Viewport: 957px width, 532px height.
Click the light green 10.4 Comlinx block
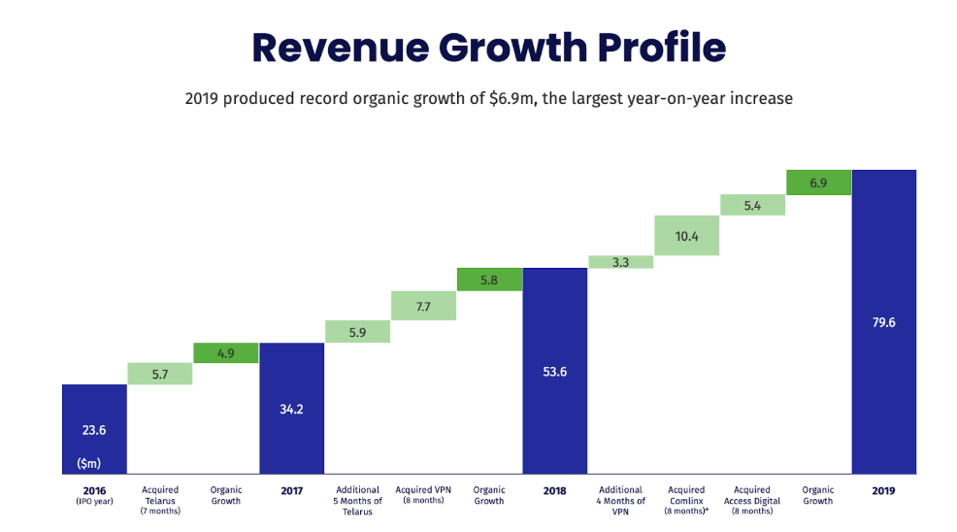point(686,236)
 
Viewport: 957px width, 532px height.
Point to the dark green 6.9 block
point(818,183)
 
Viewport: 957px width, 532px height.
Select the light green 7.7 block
point(423,306)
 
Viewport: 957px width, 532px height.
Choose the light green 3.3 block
point(621,261)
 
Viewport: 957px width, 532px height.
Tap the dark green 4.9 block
point(226,353)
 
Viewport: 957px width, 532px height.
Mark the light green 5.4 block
point(752,205)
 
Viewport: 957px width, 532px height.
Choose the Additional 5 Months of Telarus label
point(357,500)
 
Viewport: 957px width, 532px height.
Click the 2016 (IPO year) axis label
point(94,495)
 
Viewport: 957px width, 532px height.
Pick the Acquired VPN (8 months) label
point(423,495)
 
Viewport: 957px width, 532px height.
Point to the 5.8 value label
point(489,280)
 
